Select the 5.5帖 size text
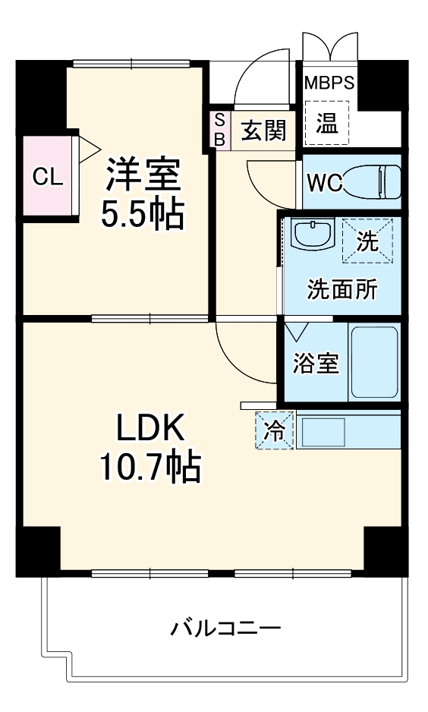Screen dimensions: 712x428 click(x=143, y=216)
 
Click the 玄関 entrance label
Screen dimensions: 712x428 click(x=263, y=131)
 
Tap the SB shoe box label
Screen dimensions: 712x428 click(x=219, y=130)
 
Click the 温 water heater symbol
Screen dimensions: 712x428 click(x=327, y=123)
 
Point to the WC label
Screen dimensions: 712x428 click(x=325, y=182)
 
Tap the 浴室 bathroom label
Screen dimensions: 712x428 click(x=315, y=363)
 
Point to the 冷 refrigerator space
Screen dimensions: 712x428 click(x=275, y=431)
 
